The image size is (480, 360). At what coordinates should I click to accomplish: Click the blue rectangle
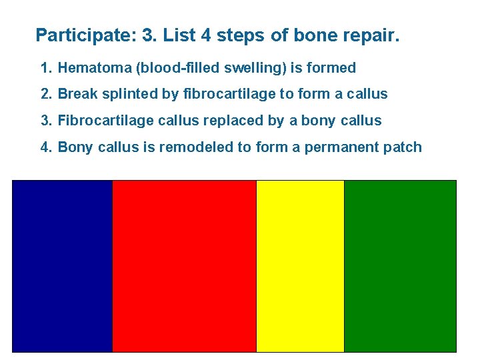(x=62, y=266)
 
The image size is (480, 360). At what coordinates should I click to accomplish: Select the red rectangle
(x=184, y=266)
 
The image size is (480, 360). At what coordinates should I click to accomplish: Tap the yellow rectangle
(x=300, y=266)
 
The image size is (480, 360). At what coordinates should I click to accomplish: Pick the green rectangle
(x=400, y=266)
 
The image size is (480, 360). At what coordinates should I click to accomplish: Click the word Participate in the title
(x=83, y=35)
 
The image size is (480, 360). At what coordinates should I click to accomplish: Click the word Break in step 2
(x=76, y=94)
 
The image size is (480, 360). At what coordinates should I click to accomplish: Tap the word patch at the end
(x=403, y=147)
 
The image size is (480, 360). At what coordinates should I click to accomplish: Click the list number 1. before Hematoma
(x=46, y=68)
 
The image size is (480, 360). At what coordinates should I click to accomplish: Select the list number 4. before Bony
(x=46, y=147)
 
